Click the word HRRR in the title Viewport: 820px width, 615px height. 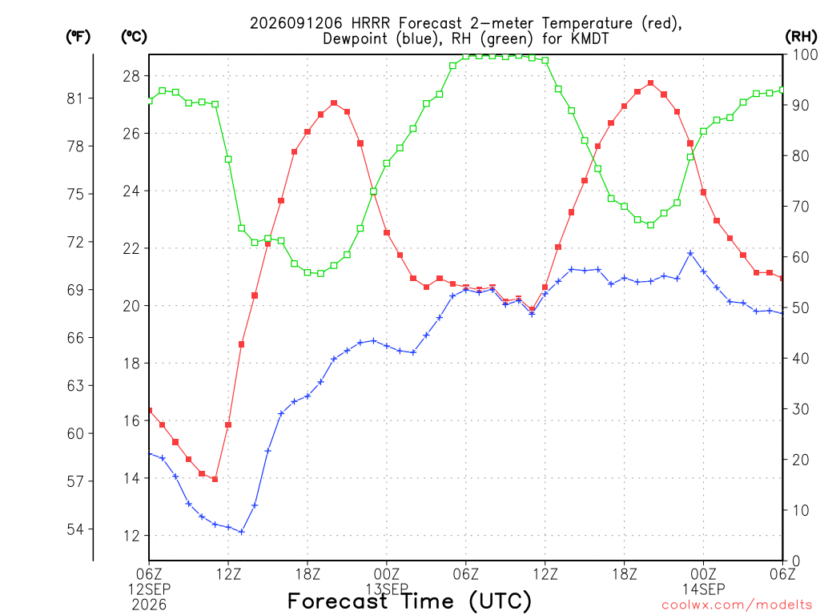coord(372,23)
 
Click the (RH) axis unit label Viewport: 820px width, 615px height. coord(801,36)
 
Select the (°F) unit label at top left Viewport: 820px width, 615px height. coord(78,36)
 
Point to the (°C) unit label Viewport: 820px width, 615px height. coord(134,36)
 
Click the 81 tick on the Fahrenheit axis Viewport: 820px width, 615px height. coord(74,98)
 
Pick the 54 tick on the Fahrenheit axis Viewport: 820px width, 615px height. coord(74,529)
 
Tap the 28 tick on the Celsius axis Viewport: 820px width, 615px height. coord(131,76)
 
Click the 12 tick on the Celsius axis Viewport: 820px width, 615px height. coord(131,536)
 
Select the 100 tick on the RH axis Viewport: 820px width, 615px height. coord(805,55)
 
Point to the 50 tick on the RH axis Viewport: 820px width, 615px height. coord(801,308)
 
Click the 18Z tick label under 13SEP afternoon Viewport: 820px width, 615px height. coord(625,574)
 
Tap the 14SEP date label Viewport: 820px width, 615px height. coord(703,589)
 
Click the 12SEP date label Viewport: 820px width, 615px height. coord(150,589)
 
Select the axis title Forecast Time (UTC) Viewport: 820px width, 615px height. coord(409,601)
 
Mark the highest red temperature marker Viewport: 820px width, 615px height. coord(650,83)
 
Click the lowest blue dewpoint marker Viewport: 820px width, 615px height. coord(242,532)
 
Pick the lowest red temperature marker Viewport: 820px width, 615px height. coord(215,479)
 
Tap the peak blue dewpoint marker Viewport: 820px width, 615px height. coord(690,253)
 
